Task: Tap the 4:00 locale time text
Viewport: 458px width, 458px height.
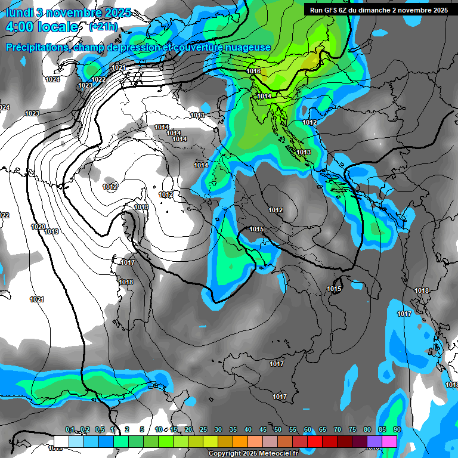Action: click(42, 27)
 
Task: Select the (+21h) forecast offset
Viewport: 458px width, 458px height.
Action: click(103, 27)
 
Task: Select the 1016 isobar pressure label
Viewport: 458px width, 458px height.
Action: click(253, 72)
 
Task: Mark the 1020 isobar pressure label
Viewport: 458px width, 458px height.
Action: click(38, 227)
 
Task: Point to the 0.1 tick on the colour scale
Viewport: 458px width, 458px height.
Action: click(70, 430)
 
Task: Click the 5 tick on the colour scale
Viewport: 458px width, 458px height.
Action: click(141, 430)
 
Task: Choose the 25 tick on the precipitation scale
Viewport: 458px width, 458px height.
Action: click(203, 430)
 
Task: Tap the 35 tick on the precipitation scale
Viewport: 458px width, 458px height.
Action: click(233, 430)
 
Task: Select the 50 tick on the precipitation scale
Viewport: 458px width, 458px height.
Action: click(278, 430)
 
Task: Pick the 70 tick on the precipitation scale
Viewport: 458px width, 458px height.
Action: click(338, 430)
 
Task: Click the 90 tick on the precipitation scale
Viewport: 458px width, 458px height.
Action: click(397, 430)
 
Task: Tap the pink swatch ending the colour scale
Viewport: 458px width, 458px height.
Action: click(389, 441)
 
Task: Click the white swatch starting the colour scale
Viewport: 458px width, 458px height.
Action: click(61, 441)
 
